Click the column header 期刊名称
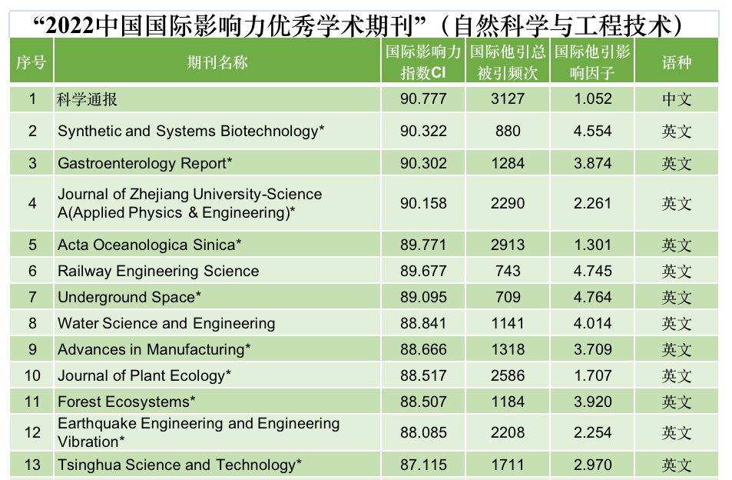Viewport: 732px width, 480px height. (x=217, y=62)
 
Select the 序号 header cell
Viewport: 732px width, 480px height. (x=31, y=62)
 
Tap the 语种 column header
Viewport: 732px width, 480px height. (x=677, y=62)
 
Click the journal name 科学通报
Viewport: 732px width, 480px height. (x=87, y=99)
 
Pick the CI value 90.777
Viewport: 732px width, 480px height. (x=423, y=98)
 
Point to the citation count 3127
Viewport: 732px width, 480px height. (x=508, y=98)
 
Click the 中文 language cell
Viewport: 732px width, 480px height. (x=677, y=99)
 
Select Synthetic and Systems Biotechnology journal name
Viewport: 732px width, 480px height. (x=190, y=132)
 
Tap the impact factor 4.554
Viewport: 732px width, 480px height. (x=592, y=131)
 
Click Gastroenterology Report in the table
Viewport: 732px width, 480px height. (x=144, y=164)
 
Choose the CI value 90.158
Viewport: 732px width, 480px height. (x=423, y=203)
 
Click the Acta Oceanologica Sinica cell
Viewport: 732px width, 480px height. (x=149, y=245)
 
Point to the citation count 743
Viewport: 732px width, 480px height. (x=508, y=271)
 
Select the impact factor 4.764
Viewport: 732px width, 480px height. (x=592, y=297)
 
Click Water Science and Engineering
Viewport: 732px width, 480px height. (x=166, y=323)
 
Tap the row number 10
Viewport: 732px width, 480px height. (x=32, y=376)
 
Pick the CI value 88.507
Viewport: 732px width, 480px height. (x=423, y=402)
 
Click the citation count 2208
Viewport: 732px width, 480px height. (x=508, y=432)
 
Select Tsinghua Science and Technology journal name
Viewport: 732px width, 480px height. (x=179, y=465)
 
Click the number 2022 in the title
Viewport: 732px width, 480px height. (x=70, y=26)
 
